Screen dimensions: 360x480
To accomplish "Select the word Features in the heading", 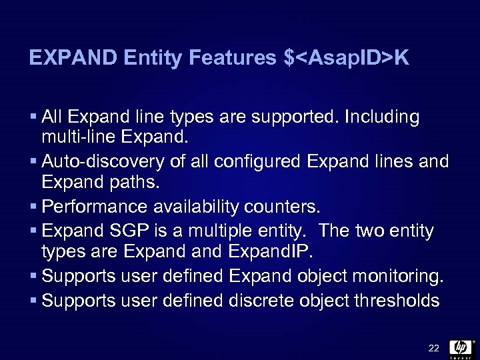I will click(232, 59).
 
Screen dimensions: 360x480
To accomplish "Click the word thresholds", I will click(399, 301).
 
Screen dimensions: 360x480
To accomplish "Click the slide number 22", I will click(433, 349).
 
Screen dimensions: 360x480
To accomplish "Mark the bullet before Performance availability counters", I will click(33, 205).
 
